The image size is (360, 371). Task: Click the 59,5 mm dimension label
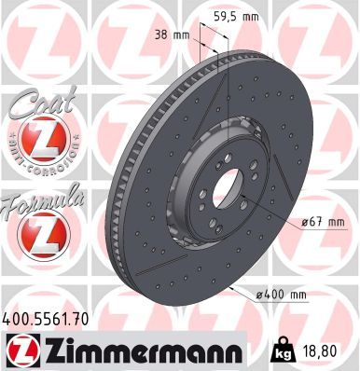coord(237,17)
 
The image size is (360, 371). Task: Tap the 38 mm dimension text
coord(172,35)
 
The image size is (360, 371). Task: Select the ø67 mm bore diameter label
coord(324,222)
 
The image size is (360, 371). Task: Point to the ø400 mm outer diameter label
coord(281,295)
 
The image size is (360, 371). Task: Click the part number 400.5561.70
coord(46,319)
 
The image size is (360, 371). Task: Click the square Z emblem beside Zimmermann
coord(23,350)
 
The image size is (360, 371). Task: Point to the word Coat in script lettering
coord(43,102)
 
